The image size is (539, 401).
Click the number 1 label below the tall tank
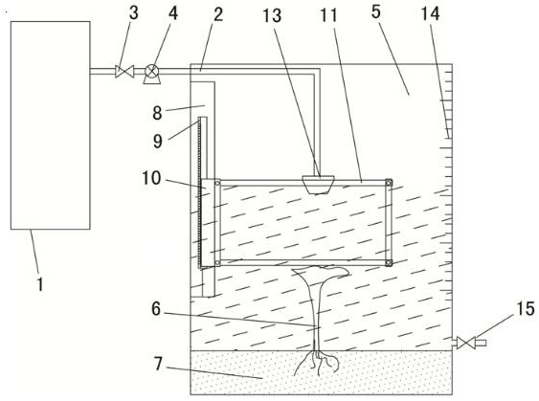pos(40,284)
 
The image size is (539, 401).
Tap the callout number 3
pos(134,12)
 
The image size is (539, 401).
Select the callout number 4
pos(173,13)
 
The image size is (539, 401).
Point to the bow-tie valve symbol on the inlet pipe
pos(124,72)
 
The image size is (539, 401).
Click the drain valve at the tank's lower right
pos(466,343)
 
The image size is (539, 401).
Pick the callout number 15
pos(525,308)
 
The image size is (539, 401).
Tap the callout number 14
pos(431,13)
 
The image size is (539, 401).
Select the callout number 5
pos(375,11)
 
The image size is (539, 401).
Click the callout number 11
pos(328,15)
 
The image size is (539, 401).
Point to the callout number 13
pos(272,15)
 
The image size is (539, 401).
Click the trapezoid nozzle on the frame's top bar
pos(318,185)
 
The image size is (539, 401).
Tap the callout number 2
pos(218,14)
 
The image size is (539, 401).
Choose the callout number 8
pos(157,113)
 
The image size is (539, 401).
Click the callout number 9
pos(157,141)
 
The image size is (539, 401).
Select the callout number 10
pos(151,178)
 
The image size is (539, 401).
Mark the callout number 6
pos(156,309)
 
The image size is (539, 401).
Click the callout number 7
pos(158,364)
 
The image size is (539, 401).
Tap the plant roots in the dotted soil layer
pos(317,363)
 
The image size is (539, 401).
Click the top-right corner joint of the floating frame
pos(389,183)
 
